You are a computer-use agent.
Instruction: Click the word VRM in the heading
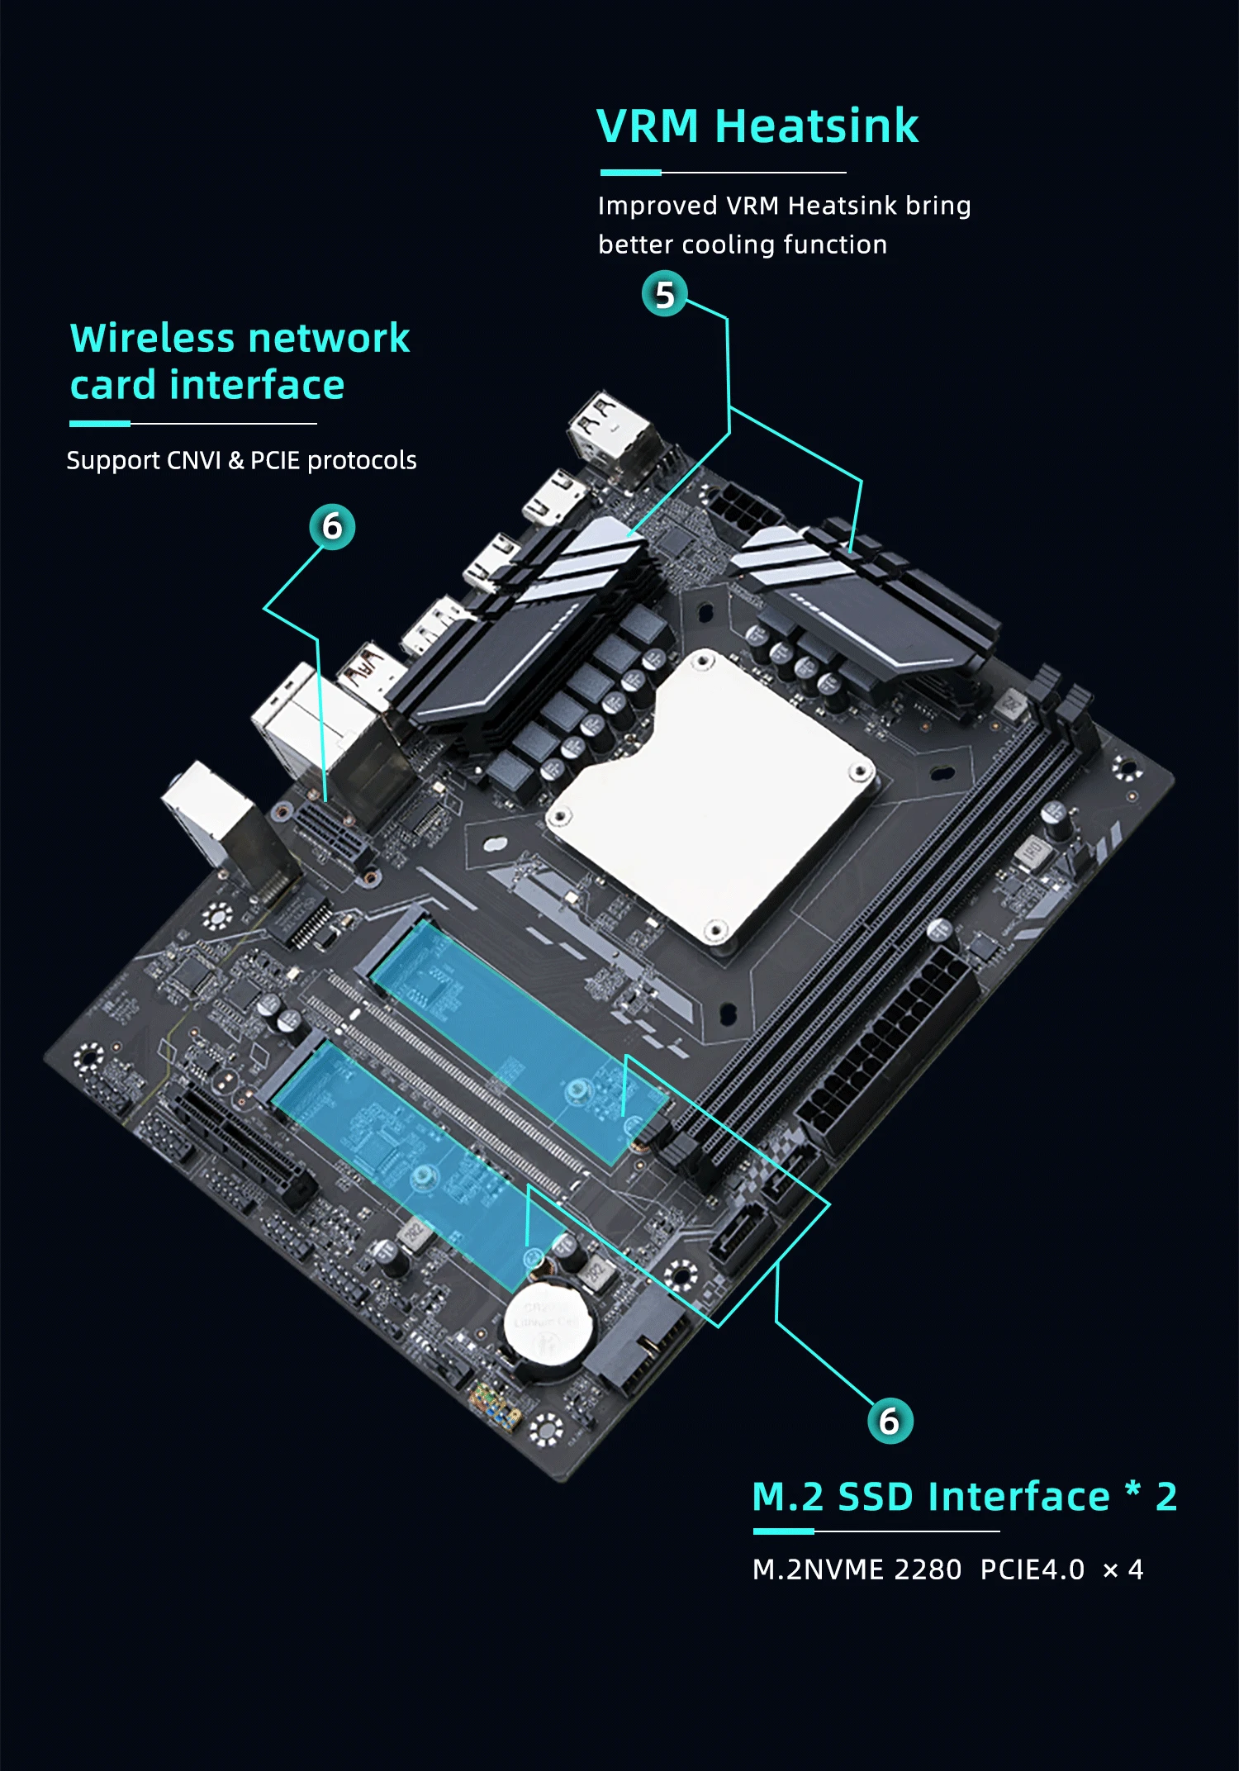[x=648, y=127]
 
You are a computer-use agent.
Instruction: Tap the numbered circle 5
[x=664, y=295]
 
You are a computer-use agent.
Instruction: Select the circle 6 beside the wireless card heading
[x=332, y=527]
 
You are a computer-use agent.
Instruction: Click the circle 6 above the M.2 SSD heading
[x=890, y=1421]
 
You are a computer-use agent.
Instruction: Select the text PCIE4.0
[x=1032, y=1569]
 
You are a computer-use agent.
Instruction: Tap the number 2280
[x=928, y=1569]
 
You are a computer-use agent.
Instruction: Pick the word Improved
[x=657, y=205]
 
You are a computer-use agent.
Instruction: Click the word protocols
[x=362, y=460]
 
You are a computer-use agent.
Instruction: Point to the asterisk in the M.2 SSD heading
[x=1132, y=1489]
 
